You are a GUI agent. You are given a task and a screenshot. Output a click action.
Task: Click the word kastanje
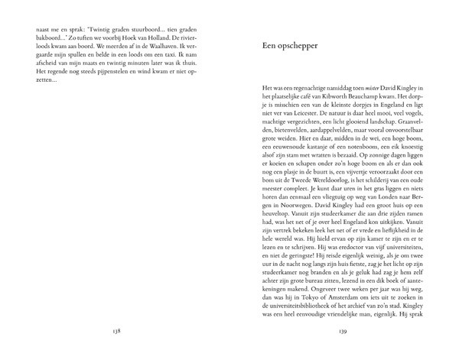[308, 171]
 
